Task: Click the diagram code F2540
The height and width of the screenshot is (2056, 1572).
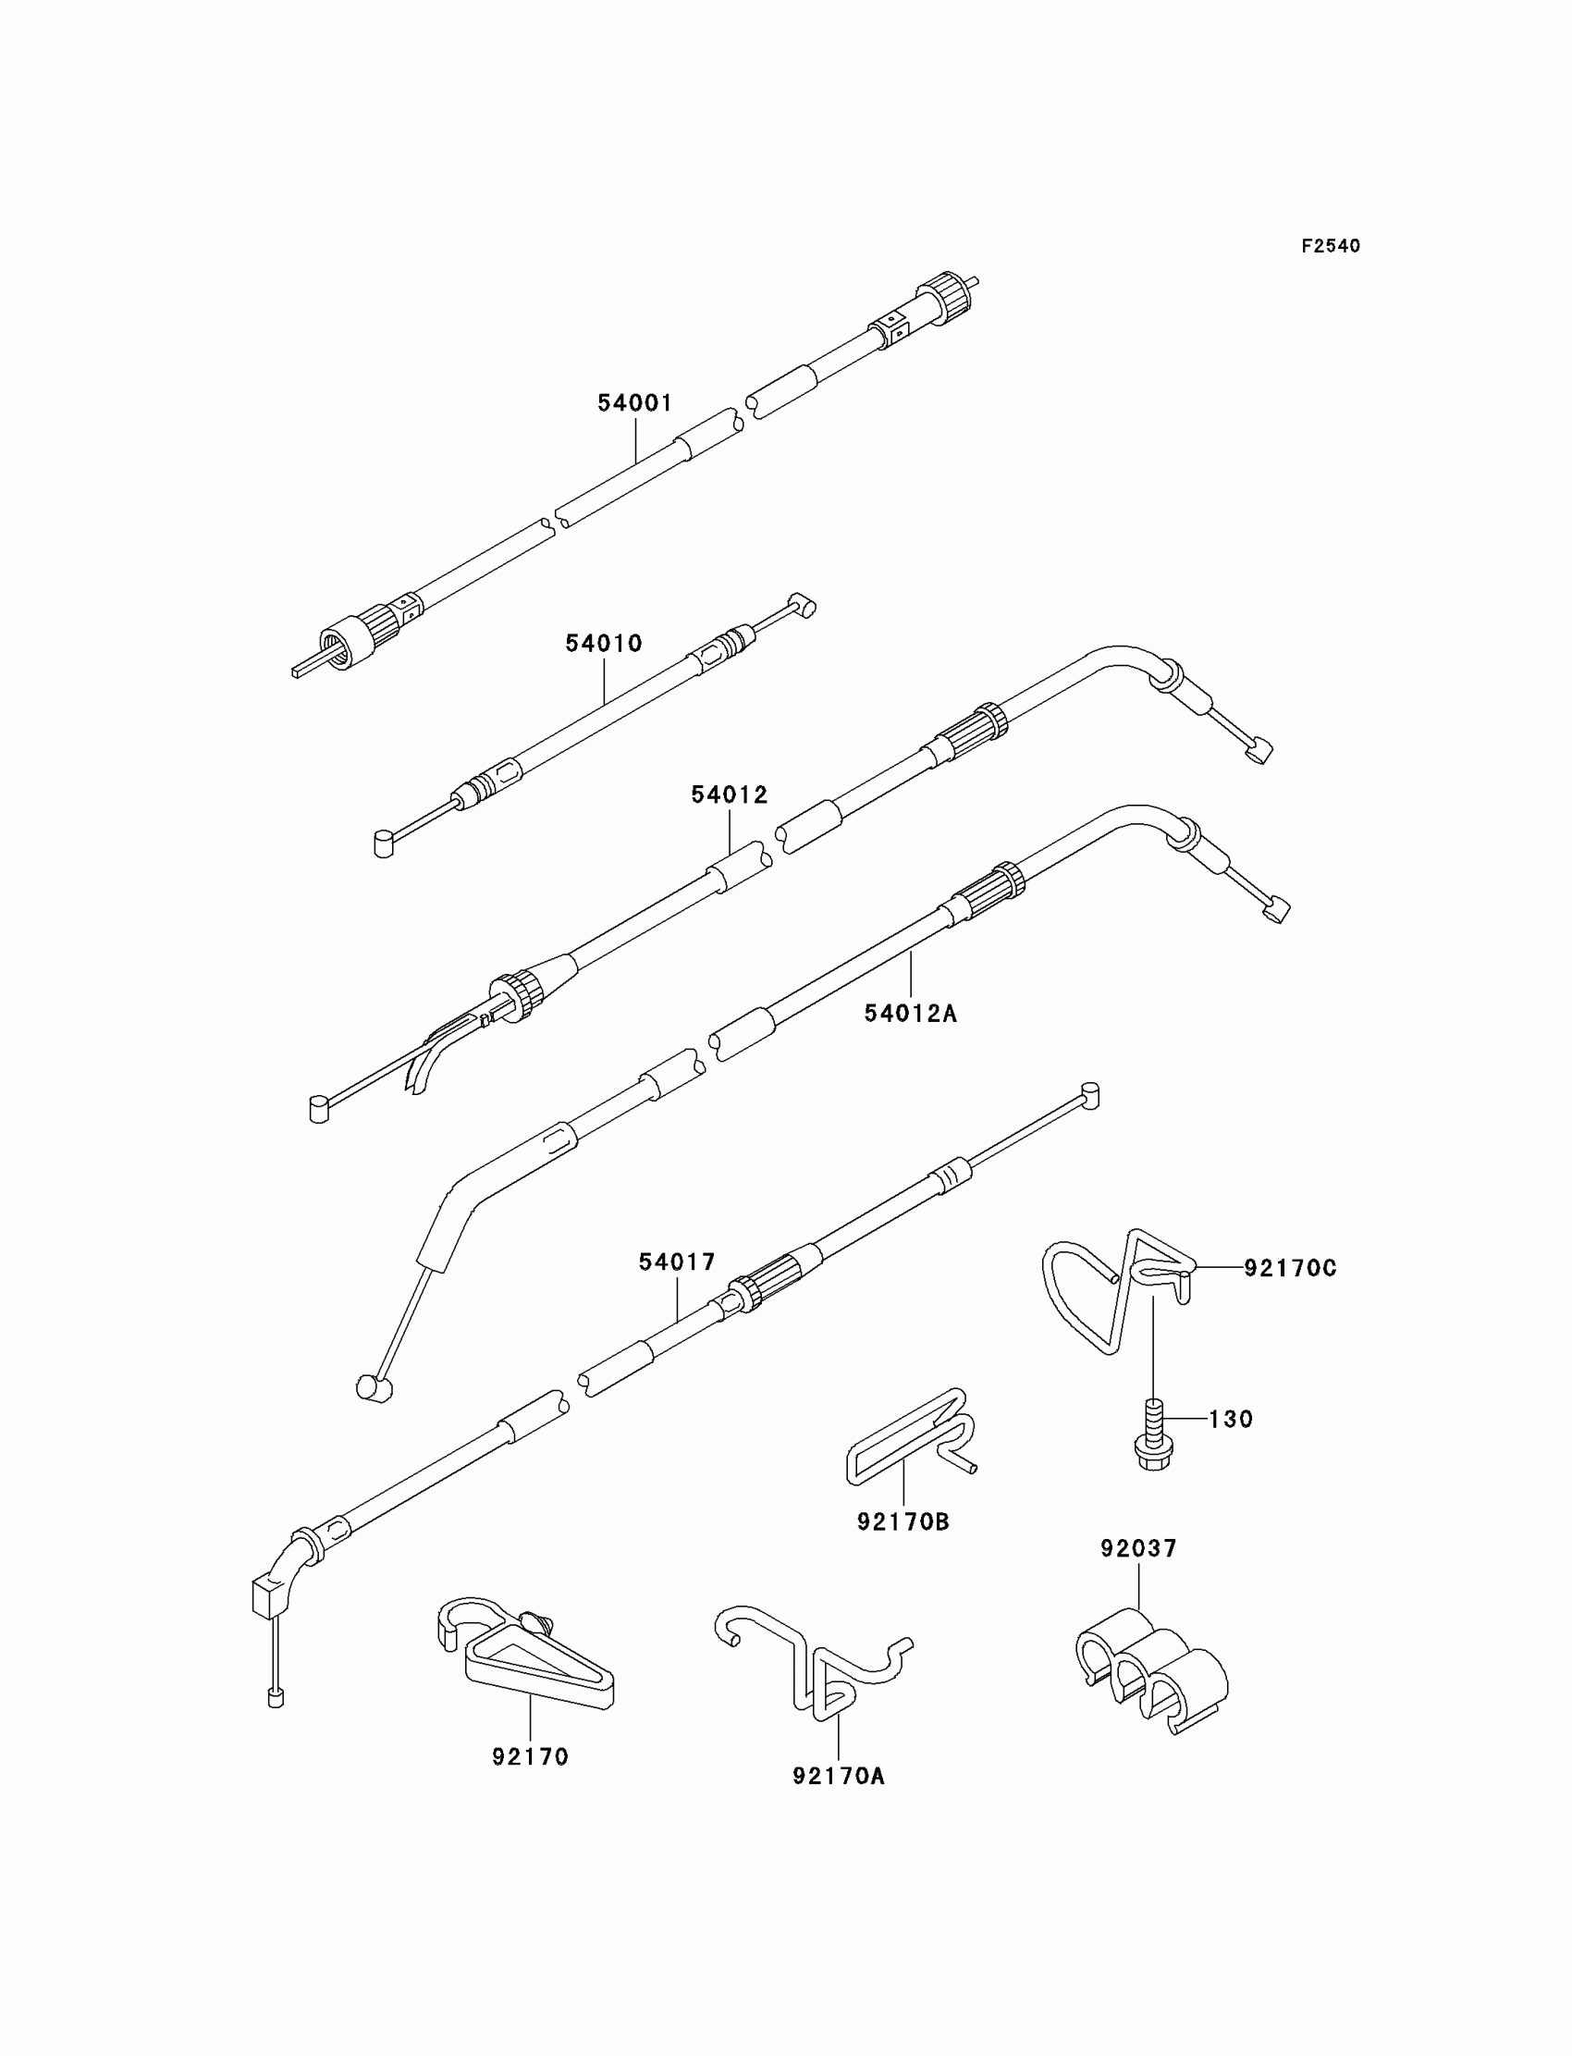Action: coord(1331,246)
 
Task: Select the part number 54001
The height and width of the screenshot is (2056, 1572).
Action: coord(635,403)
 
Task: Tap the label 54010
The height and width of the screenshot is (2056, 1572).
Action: coord(604,644)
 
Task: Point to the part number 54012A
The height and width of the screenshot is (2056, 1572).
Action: coord(911,1014)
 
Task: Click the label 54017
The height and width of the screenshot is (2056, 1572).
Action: coord(677,1262)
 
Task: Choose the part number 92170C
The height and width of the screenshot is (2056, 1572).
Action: coord(1290,1268)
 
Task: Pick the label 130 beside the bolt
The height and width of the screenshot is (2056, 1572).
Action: coord(1231,1420)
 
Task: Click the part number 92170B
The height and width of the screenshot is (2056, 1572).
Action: coord(903,1522)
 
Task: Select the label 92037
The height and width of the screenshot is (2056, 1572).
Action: coord(1138,1549)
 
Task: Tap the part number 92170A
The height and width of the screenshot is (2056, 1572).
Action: coord(839,1776)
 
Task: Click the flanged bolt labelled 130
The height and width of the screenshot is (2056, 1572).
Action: coord(1155,1447)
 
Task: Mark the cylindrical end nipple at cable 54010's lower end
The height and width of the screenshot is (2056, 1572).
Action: coord(384,844)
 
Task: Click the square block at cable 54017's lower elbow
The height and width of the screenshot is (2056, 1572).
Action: coord(266,1597)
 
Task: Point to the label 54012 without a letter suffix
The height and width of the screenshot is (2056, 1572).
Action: coord(729,795)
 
